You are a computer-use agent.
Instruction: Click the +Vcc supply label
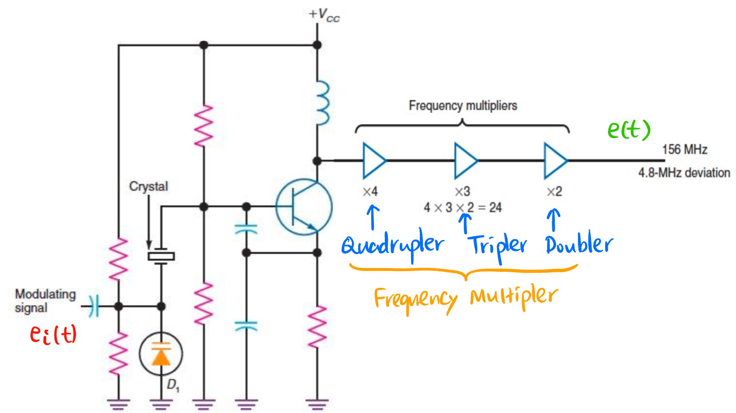point(324,15)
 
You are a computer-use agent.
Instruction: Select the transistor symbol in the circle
point(304,207)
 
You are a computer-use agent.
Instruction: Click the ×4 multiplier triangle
point(373,161)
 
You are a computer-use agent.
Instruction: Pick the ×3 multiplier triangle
point(465,161)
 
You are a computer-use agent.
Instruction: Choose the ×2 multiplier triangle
point(555,161)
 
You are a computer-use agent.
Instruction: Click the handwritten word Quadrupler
point(392,245)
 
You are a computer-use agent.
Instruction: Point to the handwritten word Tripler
point(498,245)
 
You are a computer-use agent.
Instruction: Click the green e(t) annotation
point(629,129)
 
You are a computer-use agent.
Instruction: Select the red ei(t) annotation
point(53,334)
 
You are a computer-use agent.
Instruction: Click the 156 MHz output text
point(684,149)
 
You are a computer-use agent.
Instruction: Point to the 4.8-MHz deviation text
point(684,172)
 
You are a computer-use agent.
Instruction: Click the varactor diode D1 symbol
point(161,354)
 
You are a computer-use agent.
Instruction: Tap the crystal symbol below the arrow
point(161,256)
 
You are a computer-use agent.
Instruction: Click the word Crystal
point(148,186)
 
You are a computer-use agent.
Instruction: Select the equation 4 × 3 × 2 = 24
point(463,208)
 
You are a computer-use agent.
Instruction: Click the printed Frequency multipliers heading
point(463,106)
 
